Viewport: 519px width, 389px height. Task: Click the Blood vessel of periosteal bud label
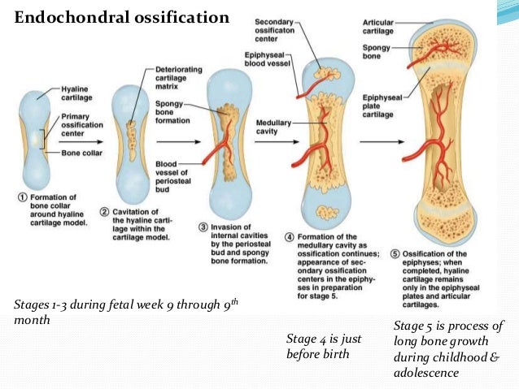coord(170,175)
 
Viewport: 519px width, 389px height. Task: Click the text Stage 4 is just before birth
coord(324,346)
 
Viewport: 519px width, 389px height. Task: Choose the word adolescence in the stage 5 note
coord(426,373)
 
